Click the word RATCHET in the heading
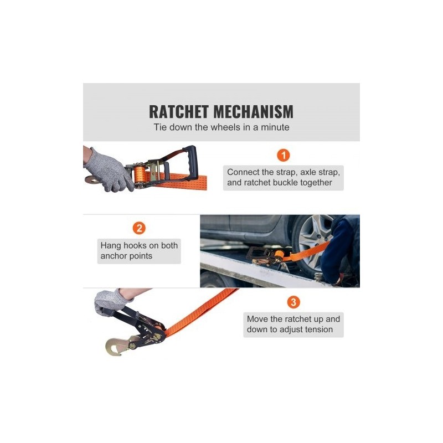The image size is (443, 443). [x=178, y=112]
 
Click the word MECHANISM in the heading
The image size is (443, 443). [x=254, y=112]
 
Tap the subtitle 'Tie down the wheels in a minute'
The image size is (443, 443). [x=221, y=127]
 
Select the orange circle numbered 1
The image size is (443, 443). [x=284, y=155]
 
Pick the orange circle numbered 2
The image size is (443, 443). [x=139, y=228]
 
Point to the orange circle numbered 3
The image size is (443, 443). [x=293, y=302]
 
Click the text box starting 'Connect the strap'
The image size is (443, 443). [x=284, y=177]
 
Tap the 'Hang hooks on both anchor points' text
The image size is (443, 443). [x=139, y=251]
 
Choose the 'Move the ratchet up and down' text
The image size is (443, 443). [x=293, y=324]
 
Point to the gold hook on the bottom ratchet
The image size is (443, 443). [x=118, y=345]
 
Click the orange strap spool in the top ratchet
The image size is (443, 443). [x=140, y=174]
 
